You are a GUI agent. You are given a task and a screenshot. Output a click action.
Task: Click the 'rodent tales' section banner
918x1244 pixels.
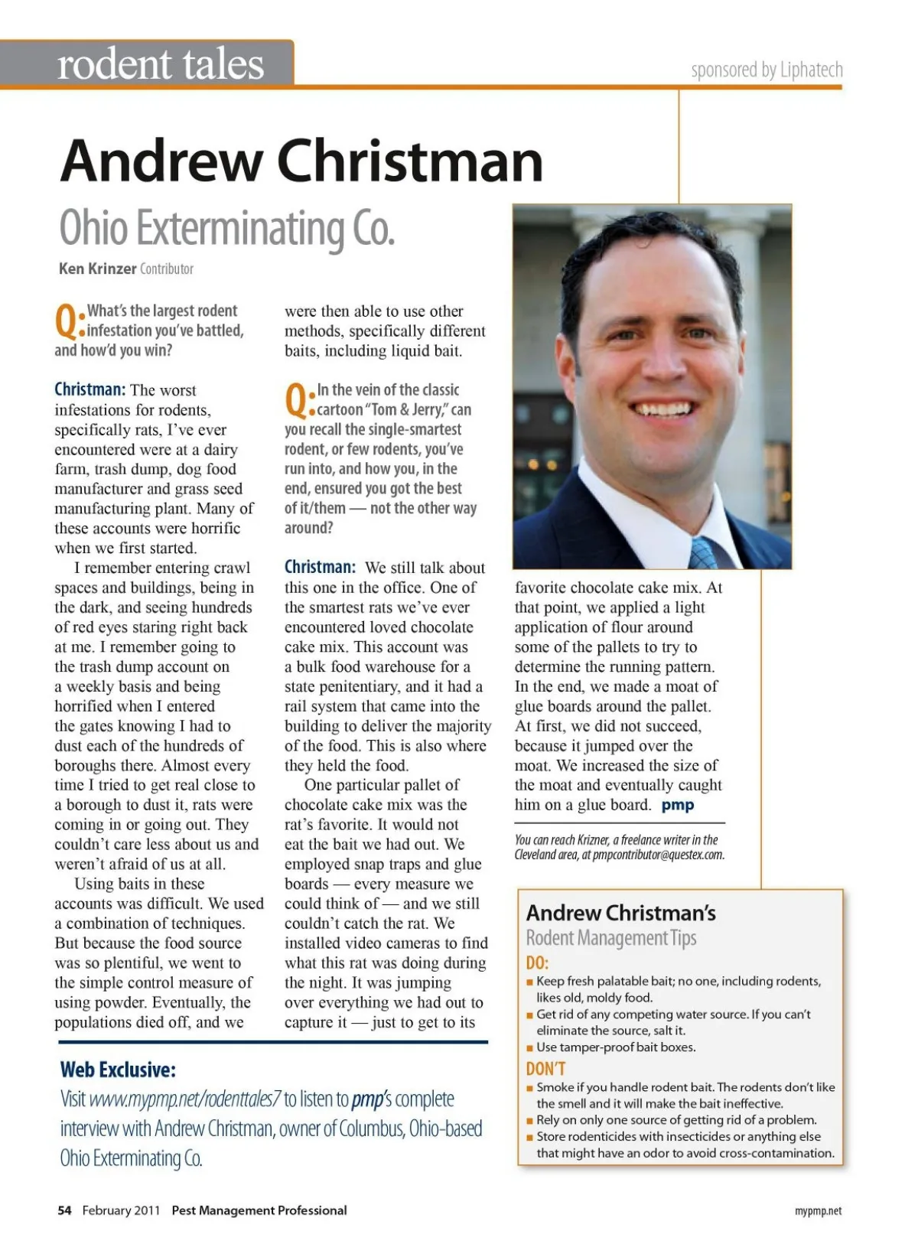point(161,64)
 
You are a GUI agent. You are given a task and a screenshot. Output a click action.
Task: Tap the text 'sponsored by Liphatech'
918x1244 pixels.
point(767,70)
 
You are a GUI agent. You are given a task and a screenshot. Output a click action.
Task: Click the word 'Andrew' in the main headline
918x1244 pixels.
point(161,161)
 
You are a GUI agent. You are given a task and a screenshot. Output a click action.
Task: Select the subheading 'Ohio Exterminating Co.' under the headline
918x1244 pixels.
point(227,229)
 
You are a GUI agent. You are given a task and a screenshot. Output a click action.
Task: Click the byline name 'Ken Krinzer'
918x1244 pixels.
point(97,269)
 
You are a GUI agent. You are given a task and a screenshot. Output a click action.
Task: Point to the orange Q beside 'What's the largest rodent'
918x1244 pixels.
point(68,321)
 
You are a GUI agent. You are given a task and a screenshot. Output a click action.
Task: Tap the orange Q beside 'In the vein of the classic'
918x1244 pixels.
point(298,400)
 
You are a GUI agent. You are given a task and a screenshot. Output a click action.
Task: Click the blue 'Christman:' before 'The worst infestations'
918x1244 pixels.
point(90,390)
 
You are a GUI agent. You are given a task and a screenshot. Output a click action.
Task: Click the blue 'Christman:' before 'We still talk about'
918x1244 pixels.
point(320,568)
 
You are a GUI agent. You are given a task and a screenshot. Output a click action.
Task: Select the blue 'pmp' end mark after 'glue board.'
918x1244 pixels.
point(678,805)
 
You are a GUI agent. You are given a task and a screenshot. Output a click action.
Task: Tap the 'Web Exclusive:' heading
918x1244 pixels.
point(118,1070)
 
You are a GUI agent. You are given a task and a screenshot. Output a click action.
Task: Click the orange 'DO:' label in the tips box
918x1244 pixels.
point(537,962)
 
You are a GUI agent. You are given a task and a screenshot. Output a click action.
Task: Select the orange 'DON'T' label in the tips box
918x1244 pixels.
point(545,1069)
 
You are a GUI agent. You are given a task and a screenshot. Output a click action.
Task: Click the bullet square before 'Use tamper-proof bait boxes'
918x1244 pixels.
point(529,1047)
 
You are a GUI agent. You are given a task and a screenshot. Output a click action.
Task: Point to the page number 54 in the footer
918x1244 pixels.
point(64,1210)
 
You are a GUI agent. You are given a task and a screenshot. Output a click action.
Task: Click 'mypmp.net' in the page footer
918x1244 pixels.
point(818,1211)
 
